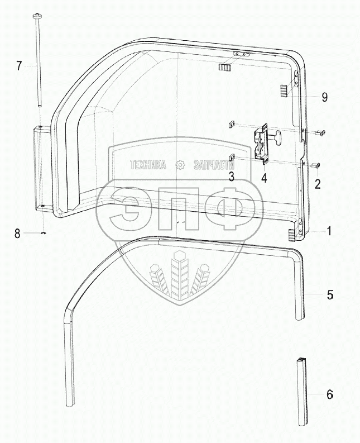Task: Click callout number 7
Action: point(18,66)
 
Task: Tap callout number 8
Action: point(17,234)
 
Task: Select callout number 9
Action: point(325,97)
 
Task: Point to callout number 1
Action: point(329,231)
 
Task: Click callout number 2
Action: point(318,184)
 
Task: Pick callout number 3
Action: point(231,177)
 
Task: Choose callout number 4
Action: point(264,178)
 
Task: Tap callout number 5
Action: point(330,295)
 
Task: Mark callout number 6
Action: point(330,394)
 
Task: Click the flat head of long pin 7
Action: point(37,15)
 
